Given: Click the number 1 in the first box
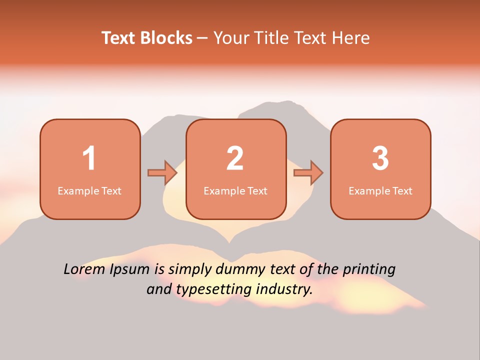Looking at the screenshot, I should point(89,158).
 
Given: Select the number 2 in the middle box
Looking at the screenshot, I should point(235,158).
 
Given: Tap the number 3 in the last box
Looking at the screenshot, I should point(380,158).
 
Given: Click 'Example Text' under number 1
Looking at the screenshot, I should point(89,191).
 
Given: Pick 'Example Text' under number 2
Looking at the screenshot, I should point(235,191).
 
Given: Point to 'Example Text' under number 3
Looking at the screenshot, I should point(380,191).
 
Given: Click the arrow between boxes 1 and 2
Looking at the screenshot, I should point(162,172).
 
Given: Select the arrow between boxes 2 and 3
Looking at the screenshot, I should point(308,172).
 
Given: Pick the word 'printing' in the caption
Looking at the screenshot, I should point(368,270).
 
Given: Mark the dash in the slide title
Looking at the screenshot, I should point(202,38).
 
